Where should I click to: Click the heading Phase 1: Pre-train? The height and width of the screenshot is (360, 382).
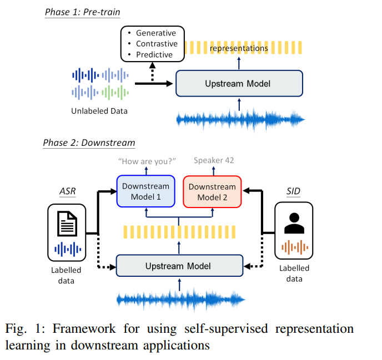pos(82,12)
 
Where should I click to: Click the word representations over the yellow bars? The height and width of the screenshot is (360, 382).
pos(239,48)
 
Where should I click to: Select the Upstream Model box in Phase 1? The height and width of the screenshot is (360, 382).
pos(239,84)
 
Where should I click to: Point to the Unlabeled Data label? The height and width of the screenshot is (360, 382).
pos(99,111)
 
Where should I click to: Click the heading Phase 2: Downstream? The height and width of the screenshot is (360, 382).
pos(89,143)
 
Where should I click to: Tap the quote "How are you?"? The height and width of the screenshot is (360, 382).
pos(147,161)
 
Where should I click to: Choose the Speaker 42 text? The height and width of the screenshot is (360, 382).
pos(214,161)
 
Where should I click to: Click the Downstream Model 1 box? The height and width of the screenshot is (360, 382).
pos(145,191)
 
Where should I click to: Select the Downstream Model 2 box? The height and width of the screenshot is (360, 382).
pos(212,191)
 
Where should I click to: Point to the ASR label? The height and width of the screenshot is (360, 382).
pos(68,192)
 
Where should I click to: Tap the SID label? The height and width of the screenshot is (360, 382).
pos(293,192)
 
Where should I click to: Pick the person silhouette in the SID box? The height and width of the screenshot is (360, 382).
pos(294,223)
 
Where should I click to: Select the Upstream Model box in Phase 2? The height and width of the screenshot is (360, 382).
pos(179,266)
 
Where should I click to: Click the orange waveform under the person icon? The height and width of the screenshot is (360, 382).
pos(294,247)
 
